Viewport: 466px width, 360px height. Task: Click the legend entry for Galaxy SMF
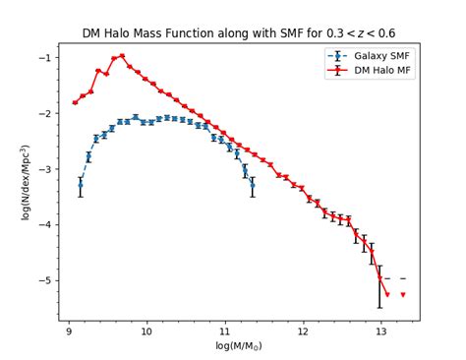click(x=382, y=56)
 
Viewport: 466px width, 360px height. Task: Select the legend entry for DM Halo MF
click(x=382, y=70)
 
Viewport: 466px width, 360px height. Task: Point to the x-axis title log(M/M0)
click(x=239, y=346)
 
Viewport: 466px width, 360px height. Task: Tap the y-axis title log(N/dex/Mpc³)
click(x=27, y=182)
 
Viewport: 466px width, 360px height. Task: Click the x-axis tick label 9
click(x=68, y=331)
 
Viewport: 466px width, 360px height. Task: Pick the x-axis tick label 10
click(x=146, y=331)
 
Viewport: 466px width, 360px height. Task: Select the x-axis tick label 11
click(x=224, y=331)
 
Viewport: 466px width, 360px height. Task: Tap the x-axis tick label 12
click(x=303, y=331)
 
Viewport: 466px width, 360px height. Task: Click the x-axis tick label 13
click(x=380, y=331)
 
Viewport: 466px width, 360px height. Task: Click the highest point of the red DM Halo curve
click(x=122, y=56)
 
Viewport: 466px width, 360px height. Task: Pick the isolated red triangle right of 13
click(x=402, y=294)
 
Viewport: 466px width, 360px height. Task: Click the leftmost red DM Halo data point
click(x=75, y=102)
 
